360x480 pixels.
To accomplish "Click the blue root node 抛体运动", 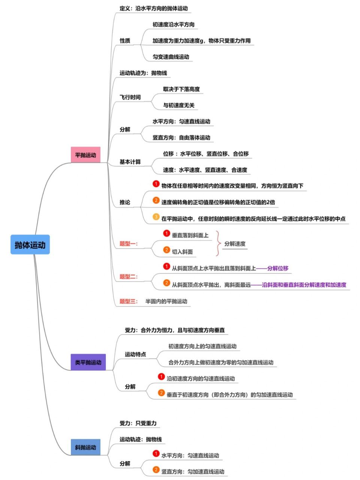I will click(30, 245).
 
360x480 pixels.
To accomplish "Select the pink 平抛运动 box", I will click(85, 155).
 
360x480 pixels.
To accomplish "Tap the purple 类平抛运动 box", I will click(88, 362).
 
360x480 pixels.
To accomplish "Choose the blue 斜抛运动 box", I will click(85, 447).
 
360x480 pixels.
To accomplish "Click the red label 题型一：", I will click(129, 244).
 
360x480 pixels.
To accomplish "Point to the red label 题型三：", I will click(129, 301).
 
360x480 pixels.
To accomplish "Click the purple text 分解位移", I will click(278, 268).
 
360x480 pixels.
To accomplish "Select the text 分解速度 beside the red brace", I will click(235, 244).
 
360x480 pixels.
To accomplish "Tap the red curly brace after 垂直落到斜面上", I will click(219, 244).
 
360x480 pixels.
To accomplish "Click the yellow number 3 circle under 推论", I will click(156, 217).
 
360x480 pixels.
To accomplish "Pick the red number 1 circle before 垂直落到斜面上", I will click(166, 233).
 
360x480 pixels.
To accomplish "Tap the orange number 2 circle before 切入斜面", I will click(166, 250).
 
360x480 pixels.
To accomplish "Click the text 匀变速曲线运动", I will click(171, 57).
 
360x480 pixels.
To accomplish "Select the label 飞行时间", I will click(130, 97).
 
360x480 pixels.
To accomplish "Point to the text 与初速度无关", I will click(178, 105).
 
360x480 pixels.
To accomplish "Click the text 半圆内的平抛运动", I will click(166, 301).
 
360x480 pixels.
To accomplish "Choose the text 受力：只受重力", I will click(138, 423).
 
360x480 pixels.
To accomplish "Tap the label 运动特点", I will click(135, 354).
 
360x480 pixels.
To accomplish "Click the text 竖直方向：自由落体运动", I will click(181, 138).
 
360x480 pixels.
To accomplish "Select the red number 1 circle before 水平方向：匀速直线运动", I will click(156, 454).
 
